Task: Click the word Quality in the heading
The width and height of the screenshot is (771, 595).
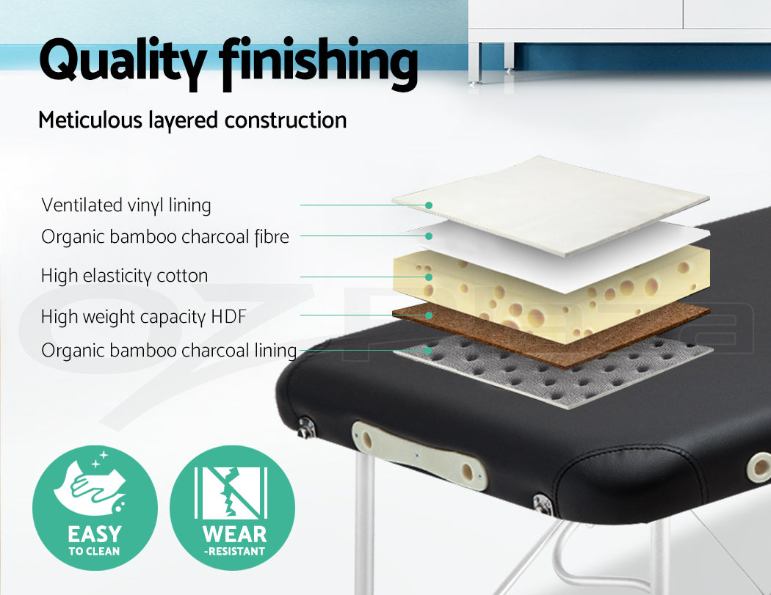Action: coord(123,62)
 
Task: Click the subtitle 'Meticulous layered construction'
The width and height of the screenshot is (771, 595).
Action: coord(192,120)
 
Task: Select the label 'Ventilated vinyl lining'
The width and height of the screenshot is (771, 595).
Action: coord(126,205)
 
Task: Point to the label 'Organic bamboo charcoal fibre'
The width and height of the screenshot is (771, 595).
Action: coord(165,237)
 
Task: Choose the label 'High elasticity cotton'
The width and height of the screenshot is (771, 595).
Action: coord(124,276)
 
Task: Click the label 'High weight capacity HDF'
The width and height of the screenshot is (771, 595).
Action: coord(143,317)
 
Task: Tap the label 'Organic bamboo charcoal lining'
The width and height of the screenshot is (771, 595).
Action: coord(169,351)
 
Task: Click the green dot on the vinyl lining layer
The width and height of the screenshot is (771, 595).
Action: coord(429,205)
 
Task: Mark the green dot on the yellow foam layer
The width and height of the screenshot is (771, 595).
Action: coord(429,277)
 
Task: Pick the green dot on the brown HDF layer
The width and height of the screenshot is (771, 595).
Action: coord(429,315)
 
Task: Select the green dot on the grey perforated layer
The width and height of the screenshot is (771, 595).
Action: coord(429,351)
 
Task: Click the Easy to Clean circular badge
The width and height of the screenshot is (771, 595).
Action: coord(95,508)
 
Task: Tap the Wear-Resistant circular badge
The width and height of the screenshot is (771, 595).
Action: coord(233,508)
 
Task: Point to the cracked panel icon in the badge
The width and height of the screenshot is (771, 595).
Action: coord(231,493)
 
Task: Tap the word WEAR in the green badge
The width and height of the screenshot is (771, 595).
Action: coord(234,534)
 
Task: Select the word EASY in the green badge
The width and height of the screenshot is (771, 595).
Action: coord(95,534)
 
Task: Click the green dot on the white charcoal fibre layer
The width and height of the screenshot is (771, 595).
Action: coord(429,236)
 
